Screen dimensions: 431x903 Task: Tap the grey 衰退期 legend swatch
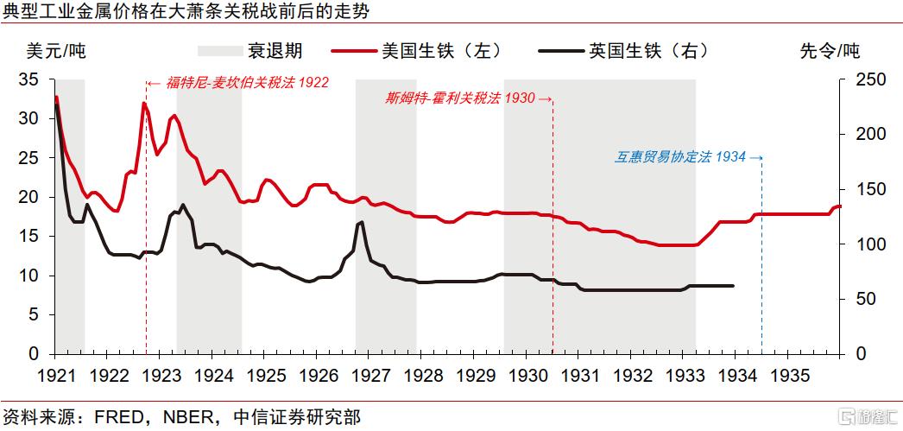pos(223,50)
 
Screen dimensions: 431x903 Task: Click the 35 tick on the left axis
pos(28,79)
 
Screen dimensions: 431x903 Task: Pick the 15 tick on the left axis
pos(28,237)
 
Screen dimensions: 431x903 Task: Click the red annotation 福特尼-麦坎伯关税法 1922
pos(237,84)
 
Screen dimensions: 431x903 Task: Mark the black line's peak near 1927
pos(361,222)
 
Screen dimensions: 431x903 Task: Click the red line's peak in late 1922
pos(144,104)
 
